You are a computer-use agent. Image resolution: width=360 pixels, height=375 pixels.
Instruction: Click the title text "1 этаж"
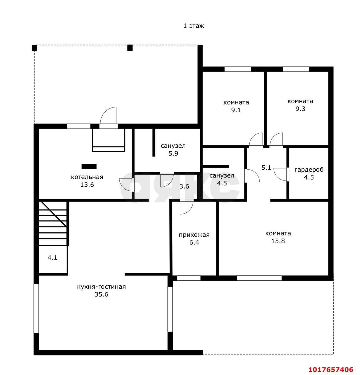coord(193,25)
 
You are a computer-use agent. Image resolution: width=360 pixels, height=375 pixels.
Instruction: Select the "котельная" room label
coord(87,177)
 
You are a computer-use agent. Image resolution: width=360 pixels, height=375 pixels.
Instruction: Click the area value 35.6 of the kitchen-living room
coord(101,294)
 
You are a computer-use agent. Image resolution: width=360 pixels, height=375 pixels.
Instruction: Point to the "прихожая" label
coord(194,235)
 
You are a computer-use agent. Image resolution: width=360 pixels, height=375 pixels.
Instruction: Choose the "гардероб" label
coord(309,170)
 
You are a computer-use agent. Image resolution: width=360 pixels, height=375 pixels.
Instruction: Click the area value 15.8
coord(278,241)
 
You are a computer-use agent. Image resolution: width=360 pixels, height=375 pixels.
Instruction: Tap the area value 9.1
coord(236,110)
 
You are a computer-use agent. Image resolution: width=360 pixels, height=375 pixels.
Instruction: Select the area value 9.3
coord(300,109)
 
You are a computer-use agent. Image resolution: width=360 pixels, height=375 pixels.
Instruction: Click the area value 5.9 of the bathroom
coord(173,154)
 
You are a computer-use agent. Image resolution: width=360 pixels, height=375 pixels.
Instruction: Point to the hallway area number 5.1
coord(266,168)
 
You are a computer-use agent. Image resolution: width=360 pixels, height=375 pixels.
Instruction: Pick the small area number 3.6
coord(184,186)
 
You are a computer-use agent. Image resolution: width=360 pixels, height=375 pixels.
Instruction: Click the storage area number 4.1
coord(52,258)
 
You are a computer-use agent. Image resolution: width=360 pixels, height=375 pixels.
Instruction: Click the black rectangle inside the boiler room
coord(89,166)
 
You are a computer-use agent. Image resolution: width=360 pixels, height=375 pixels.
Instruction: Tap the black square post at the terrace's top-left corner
coord(35,48)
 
